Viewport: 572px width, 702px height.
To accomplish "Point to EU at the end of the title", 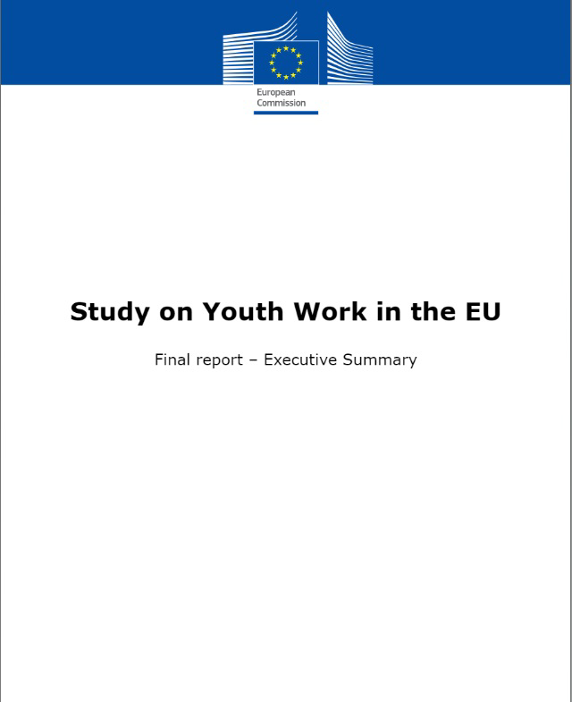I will [480, 312].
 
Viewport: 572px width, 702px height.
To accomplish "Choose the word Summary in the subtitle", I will [382, 360].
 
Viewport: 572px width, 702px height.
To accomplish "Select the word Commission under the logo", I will [281, 103].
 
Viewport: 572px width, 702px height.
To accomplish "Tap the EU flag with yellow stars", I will [286, 63].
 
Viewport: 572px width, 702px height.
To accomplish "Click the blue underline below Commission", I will [286, 113].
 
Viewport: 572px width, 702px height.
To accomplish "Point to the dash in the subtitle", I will [253, 360].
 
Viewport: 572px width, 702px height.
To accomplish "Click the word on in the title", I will [170, 312].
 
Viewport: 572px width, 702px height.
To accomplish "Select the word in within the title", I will [380, 312].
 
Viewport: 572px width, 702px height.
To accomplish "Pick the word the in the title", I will [425, 312].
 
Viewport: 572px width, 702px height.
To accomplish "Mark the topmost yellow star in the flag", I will [286, 48].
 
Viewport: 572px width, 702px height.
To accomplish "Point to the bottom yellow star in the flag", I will [286, 77].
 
